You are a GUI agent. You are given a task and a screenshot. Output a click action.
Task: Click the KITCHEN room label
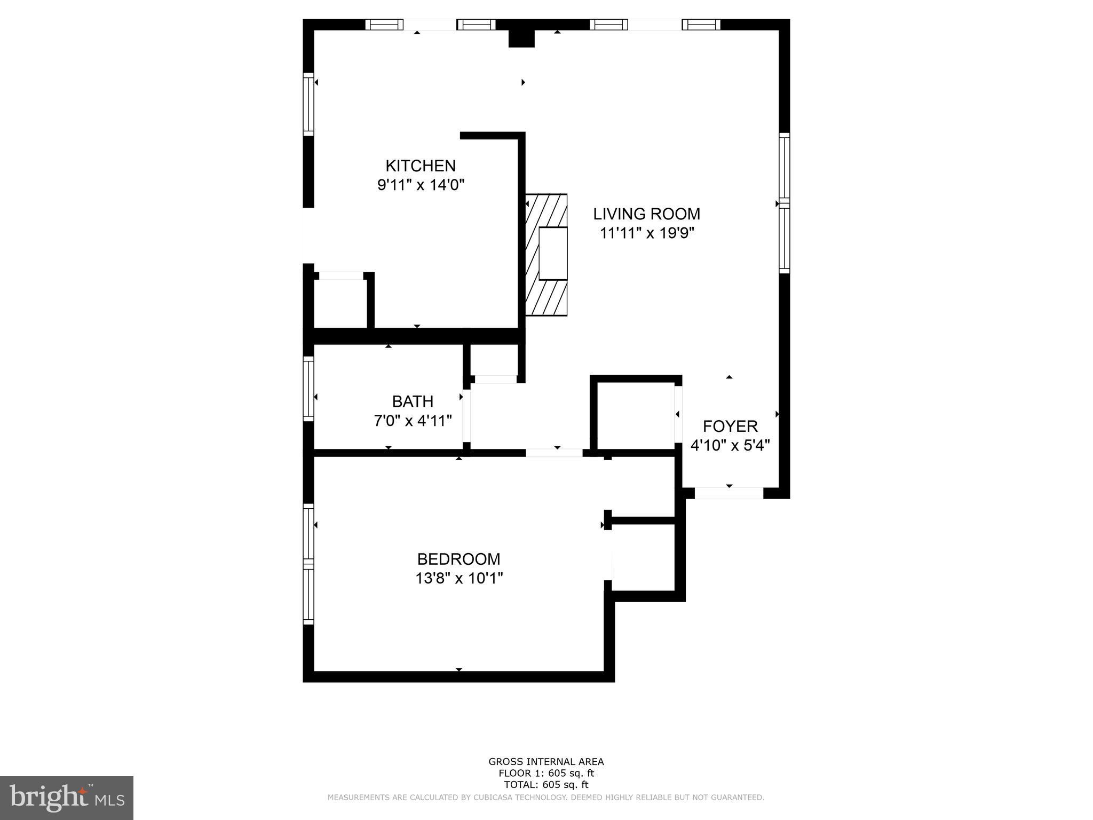pos(421,165)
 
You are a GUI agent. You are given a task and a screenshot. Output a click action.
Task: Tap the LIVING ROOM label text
pos(646,214)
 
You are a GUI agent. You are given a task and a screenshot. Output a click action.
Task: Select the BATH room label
pos(413,401)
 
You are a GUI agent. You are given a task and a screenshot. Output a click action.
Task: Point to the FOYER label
pos(730,426)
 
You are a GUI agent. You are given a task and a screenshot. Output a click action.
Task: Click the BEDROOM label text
pos(458,559)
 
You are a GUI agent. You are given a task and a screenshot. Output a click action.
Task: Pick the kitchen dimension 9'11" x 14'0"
pos(421,185)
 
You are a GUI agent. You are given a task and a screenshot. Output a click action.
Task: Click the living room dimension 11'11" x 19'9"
pos(646,233)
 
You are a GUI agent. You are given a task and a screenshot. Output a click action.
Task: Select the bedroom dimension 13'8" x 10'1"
pos(459,578)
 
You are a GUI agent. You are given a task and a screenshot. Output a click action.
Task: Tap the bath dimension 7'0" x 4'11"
pos(413,421)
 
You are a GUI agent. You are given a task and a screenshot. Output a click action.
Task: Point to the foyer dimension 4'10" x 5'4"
pos(730,445)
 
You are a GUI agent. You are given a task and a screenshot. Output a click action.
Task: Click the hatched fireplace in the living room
pos(546,255)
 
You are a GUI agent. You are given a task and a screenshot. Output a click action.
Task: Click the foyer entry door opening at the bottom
pos(728,493)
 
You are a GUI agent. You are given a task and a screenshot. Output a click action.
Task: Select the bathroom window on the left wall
pos(308,388)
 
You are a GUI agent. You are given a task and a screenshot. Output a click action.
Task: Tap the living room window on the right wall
pos(784,203)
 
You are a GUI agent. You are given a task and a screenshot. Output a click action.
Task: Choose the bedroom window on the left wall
pos(308,564)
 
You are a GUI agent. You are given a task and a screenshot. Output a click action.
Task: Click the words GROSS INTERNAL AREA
pos(546,762)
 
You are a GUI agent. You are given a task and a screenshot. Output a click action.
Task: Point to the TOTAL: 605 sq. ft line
pos(546,785)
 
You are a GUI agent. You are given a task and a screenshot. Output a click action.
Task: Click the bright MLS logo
pos(66,798)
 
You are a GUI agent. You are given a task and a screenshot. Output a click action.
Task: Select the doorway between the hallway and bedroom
pos(554,453)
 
